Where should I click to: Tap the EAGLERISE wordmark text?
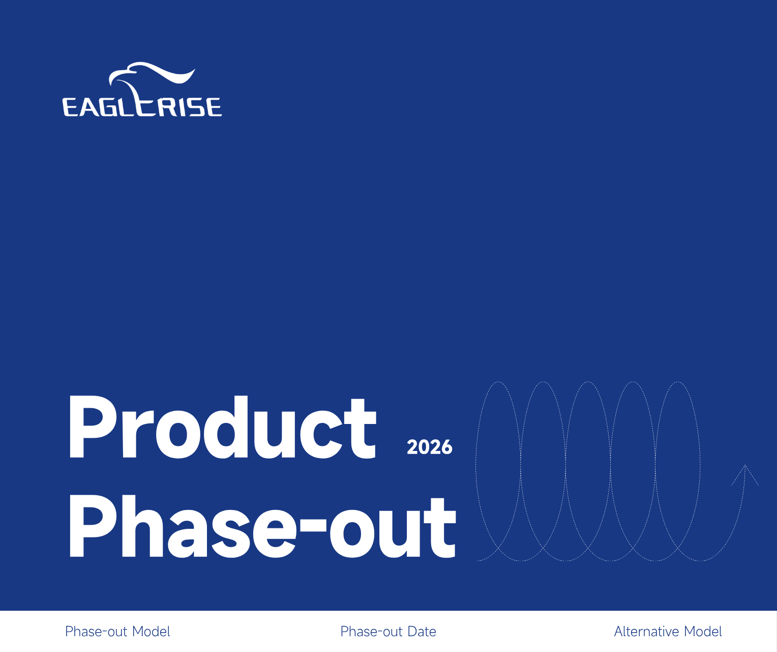pyautogui.click(x=142, y=107)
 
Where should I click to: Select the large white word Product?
pyautogui.click(x=222, y=428)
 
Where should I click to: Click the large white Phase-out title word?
pyautogui.click(x=262, y=527)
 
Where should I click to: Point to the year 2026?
pyautogui.click(x=429, y=447)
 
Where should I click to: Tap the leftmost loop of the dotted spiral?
pyautogui.click(x=498, y=471)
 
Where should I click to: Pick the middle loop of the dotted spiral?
pyautogui.click(x=588, y=471)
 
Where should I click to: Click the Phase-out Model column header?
pyautogui.click(x=117, y=632)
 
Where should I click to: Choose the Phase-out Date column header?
pyautogui.click(x=388, y=632)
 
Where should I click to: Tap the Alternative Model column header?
pyautogui.click(x=668, y=632)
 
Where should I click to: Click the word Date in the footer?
pyautogui.click(x=422, y=632)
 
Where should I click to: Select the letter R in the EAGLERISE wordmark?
pyautogui.click(x=165, y=107)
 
